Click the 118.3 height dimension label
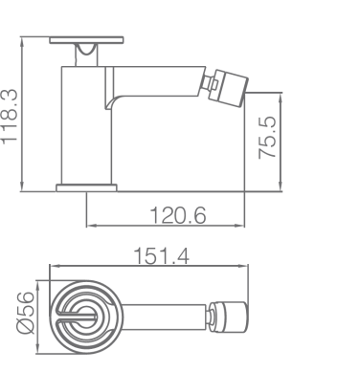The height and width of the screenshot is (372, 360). click(9, 117)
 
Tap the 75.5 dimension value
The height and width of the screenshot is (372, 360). click(267, 138)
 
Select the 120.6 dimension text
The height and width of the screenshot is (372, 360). click(178, 215)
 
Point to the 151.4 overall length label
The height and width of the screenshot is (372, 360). click(161, 255)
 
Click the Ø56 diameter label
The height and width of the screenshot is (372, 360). click(25, 313)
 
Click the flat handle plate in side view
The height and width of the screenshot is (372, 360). click(86, 40)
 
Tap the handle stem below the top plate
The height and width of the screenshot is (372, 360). click(86, 55)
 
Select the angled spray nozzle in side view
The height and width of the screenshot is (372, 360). click(229, 88)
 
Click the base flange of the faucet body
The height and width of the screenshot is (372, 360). click(86, 188)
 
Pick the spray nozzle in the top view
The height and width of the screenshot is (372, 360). click(229, 317)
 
